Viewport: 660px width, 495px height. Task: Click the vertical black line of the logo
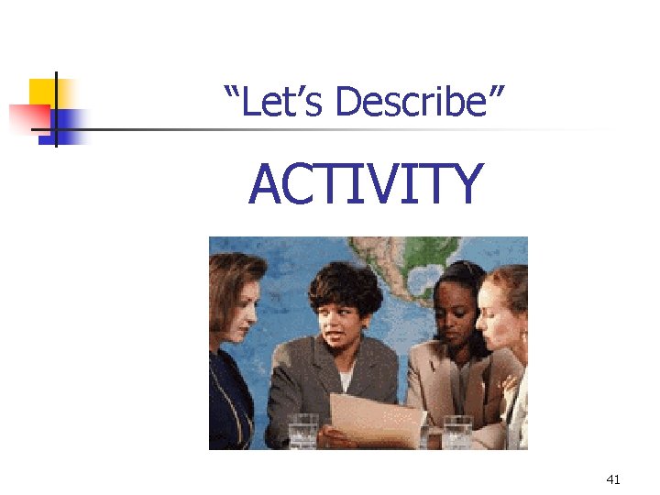coord(55,109)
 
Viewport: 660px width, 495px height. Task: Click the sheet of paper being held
coord(376,417)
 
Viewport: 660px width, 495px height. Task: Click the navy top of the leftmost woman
coord(227,403)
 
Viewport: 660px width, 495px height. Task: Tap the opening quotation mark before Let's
coord(231,91)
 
